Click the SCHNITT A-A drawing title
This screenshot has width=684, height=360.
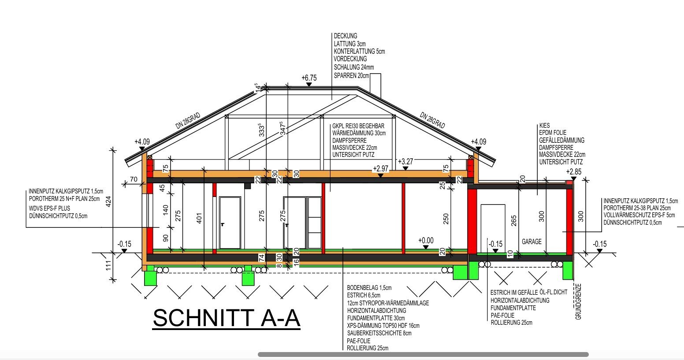pos(226,318)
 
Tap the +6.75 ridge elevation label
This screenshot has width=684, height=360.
pos(309,78)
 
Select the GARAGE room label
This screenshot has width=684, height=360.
pos(532,241)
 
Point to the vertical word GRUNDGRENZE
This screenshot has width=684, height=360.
pos(578,302)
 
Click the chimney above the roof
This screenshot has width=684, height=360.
pos(375,84)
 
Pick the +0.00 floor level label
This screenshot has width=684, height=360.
pos(426,241)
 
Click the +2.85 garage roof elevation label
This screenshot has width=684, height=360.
pos(574,171)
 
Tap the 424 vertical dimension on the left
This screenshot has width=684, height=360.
pos(108,201)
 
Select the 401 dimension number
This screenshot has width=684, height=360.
pos(199,218)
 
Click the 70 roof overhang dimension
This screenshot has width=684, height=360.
pos(134,179)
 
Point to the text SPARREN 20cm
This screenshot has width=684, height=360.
pos(351,75)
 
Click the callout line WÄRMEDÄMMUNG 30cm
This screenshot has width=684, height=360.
pos(359,133)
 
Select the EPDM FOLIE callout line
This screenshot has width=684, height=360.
pos(553,133)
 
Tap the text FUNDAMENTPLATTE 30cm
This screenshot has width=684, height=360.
pos(376,318)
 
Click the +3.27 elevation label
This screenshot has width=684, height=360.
pos(405,162)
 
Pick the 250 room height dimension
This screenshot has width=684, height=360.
pos(446,219)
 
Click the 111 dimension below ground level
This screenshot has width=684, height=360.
pos(108,265)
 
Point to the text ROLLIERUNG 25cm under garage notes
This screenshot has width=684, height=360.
pos(512,323)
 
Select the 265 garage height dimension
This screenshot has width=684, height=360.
pos(513,221)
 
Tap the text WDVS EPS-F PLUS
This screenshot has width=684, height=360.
pos(49,208)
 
